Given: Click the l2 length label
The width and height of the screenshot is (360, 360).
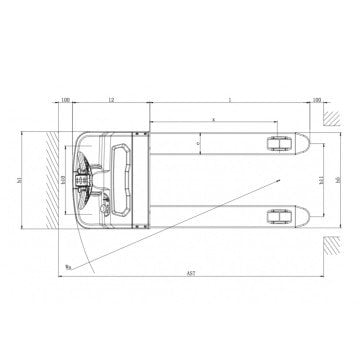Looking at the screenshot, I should [111, 101].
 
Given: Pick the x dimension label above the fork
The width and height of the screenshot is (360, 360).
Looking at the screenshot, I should [214, 118].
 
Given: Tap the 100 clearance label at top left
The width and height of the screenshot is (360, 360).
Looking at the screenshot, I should [65, 101].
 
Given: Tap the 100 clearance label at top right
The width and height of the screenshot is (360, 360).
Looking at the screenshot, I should [316, 101].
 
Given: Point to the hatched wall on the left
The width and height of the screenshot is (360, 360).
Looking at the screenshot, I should [46, 180].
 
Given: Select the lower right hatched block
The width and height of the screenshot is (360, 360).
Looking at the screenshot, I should [329, 244].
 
